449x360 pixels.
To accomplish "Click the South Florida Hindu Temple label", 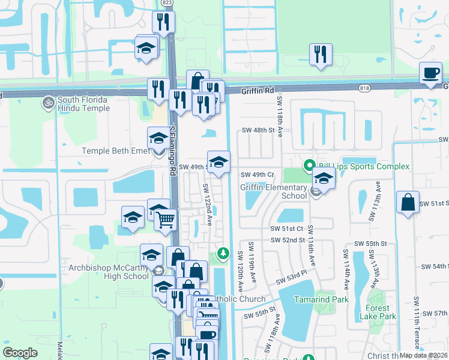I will point(83,104).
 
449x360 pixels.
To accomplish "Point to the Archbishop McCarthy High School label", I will point(108,272).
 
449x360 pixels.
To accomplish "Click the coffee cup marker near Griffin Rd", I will point(430,74).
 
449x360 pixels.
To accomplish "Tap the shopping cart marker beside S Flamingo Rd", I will point(165,219).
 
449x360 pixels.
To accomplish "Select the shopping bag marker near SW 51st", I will point(408,202).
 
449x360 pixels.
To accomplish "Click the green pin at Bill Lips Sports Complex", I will point(309,165).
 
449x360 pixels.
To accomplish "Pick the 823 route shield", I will point(167,3).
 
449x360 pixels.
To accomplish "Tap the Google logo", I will point(20,353).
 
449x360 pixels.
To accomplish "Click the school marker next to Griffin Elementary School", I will point(324,178).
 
